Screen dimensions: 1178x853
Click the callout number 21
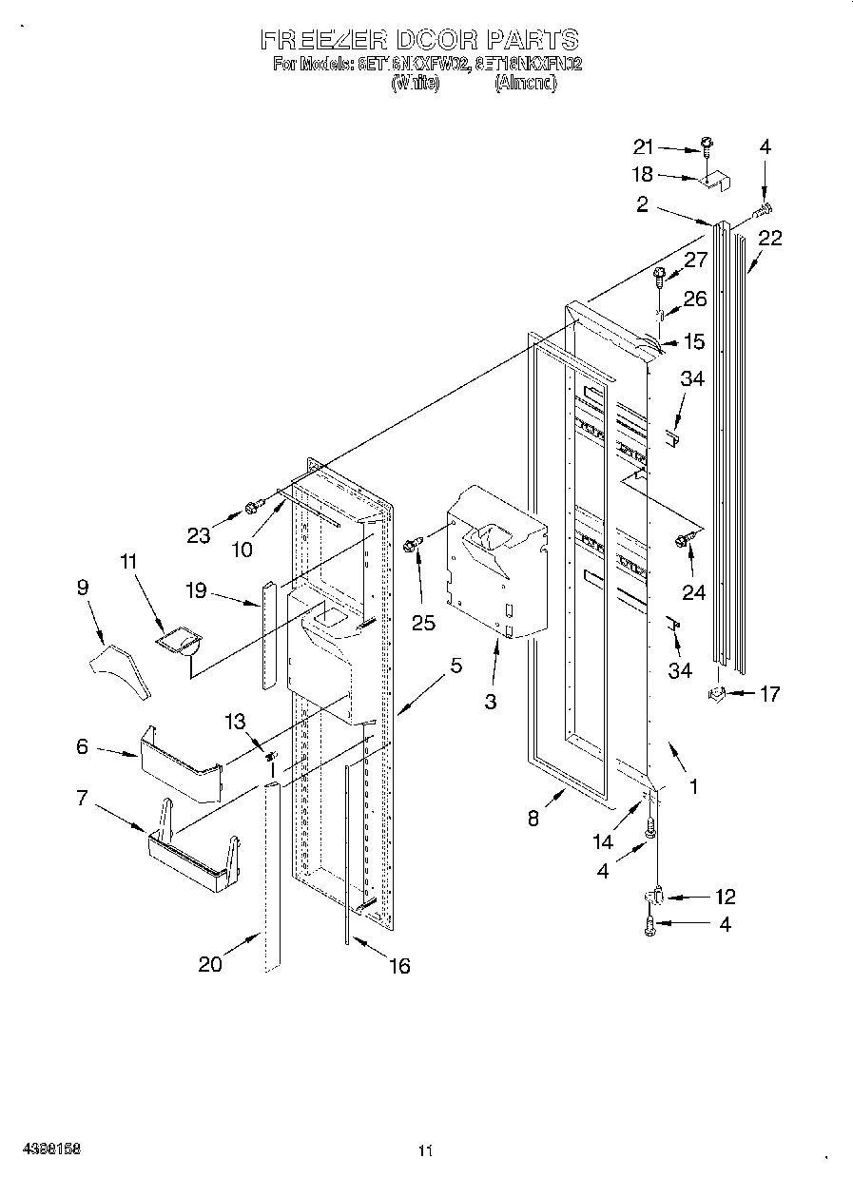pyautogui.click(x=645, y=146)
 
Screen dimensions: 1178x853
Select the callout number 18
pyautogui.click(x=644, y=174)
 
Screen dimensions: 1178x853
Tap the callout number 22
pyautogui.click(x=769, y=239)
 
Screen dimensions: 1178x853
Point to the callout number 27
pyautogui.click(x=696, y=261)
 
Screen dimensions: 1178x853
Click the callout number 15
pyautogui.click(x=695, y=340)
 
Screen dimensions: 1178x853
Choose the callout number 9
pyautogui.click(x=83, y=588)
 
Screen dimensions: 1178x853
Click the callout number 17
pyautogui.click(x=768, y=694)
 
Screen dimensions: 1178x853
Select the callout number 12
pyautogui.click(x=725, y=897)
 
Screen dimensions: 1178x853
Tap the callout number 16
pyautogui.click(x=399, y=966)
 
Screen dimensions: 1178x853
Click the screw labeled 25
pyautogui.click(x=413, y=544)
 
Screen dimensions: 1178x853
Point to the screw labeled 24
pyautogui.click(x=682, y=541)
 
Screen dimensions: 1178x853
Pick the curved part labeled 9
pyautogui.click(x=121, y=669)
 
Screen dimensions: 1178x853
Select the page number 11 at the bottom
pyautogui.click(x=425, y=1151)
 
